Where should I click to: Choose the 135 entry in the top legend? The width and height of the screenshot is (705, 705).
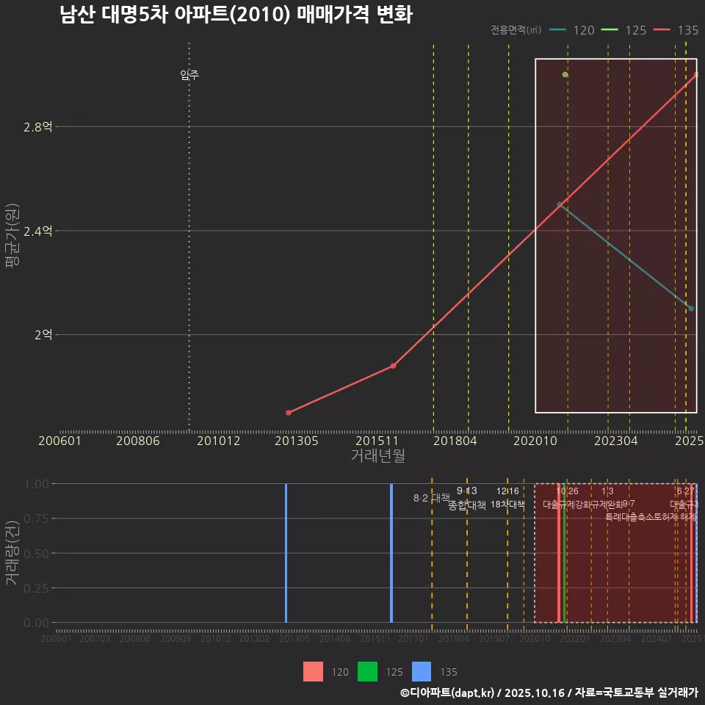click(x=676, y=30)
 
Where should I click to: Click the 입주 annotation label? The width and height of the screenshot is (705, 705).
click(x=189, y=75)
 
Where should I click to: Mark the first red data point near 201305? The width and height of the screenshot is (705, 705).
click(x=288, y=413)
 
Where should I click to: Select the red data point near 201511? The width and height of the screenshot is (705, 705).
click(x=393, y=366)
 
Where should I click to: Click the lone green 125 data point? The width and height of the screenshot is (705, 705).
click(x=565, y=75)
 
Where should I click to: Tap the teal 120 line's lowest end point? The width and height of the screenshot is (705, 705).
click(x=691, y=308)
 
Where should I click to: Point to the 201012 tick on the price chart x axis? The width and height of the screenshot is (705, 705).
click(x=219, y=441)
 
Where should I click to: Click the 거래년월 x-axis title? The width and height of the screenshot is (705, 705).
click(x=377, y=456)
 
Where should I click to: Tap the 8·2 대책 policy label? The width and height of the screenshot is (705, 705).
click(x=431, y=498)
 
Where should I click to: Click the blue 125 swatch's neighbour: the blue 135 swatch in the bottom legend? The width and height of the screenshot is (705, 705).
click(x=422, y=672)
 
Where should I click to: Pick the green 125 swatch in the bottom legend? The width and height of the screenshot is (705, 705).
click(x=367, y=672)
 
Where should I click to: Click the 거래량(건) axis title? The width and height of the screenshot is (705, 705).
click(x=12, y=553)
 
